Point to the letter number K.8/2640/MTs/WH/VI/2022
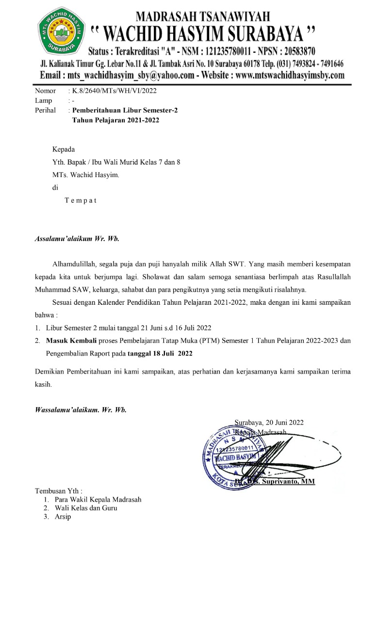coord(115,91)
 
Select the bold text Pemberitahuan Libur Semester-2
coord(125,110)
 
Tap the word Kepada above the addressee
coord(64,149)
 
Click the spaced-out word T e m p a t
coord(81,200)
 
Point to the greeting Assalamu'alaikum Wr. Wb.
coord(77,239)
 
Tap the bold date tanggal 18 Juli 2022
coord(160,353)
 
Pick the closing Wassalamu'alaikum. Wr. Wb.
coord(81,409)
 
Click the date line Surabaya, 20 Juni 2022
coord(269,422)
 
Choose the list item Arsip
coord(63,517)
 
